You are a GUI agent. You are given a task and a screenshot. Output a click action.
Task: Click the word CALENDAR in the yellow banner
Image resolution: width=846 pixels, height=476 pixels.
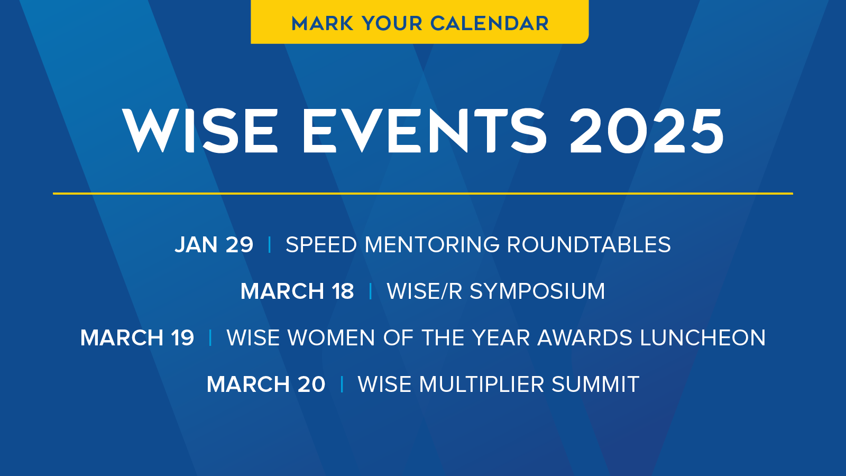point(490,23)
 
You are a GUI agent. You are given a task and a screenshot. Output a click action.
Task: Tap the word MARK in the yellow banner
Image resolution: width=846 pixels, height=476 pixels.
point(323,23)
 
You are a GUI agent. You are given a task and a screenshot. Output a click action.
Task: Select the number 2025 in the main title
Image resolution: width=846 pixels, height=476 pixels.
point(646,131)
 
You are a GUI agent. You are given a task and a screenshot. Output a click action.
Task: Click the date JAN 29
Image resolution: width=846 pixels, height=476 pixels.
point(214,244)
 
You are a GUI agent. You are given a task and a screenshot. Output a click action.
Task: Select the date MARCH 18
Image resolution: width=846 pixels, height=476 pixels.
point(297,291)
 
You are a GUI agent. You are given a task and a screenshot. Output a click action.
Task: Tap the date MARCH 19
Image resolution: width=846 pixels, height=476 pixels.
point(137,338)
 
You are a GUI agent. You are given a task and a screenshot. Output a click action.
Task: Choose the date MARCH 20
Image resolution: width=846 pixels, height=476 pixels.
point(266,384)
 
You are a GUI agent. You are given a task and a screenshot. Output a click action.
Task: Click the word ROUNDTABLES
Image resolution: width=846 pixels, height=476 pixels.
point(589,244)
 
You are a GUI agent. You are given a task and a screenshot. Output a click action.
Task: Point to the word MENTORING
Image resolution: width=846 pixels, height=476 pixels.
point(432,244)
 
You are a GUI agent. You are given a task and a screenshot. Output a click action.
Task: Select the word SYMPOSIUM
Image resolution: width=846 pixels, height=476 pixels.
point(537,291)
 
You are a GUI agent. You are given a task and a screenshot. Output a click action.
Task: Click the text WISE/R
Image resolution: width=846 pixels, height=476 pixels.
point(425,291)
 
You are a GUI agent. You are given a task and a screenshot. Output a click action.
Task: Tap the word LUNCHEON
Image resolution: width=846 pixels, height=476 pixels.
point(703,338)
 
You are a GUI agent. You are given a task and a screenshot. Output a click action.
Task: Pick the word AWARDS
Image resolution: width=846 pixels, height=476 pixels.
point(585,338)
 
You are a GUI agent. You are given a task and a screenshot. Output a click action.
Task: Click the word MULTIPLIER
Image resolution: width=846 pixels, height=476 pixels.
point(482,384)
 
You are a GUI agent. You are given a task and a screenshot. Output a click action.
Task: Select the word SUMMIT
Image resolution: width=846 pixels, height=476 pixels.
point(595,384)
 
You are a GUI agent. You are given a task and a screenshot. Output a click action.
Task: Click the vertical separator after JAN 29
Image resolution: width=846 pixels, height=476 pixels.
point(269,244)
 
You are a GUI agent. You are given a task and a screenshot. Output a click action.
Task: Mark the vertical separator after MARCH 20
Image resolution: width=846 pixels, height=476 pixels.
point(342,384)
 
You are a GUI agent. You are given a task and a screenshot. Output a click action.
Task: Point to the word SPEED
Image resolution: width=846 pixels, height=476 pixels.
point(321,244)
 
